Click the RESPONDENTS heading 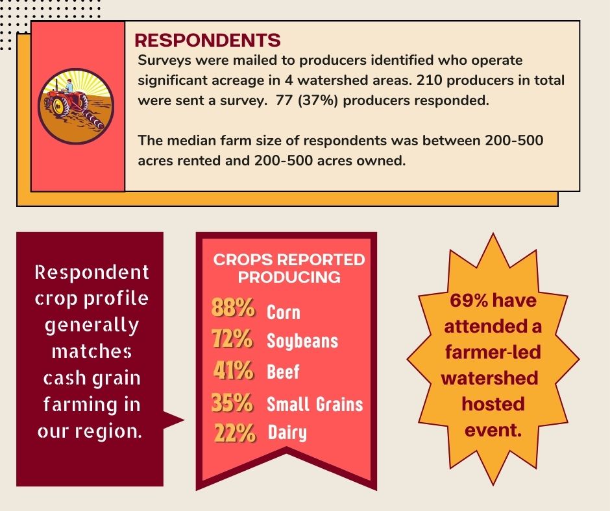pyautogui.click(x=207, y=40)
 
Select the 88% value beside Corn pyautogui.click(x=232, y=308)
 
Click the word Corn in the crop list pyautogui.click(x=284, y=312)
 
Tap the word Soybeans pyautogui.click(x=302, y=341)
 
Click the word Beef pyautogui.click(x=284, y=372)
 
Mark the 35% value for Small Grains pyautogui.click(x=232, y=403)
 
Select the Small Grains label pyautogui.click(x=315, y=405)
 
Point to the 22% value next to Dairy pyautogui.click(x=234, y=432)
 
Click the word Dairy pyautogui.click(x=287, y=433)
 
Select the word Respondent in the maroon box pyautogui.click(x=91, y=272)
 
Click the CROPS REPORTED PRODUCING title pyautogui.click(x=289, y=268)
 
